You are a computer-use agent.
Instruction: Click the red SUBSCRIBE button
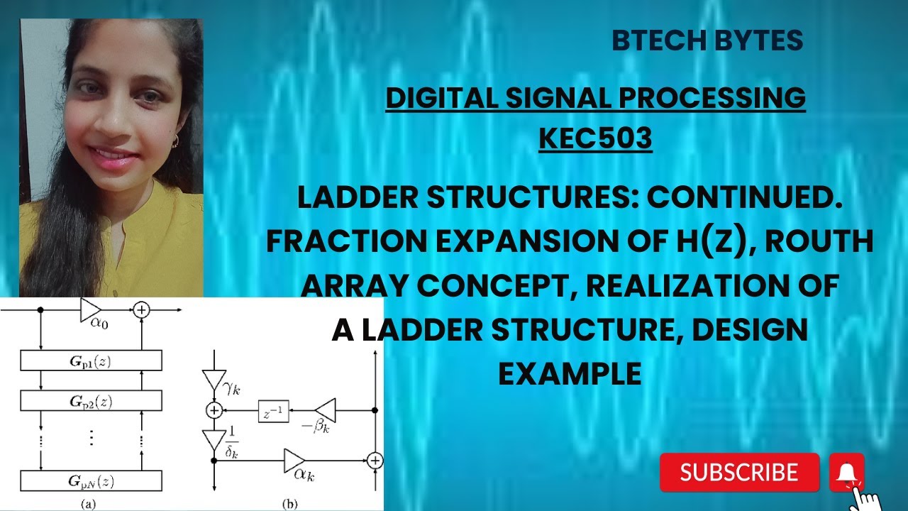point(739,472)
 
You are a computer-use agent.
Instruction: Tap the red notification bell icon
point(846,472)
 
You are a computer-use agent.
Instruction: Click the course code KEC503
point(595,138)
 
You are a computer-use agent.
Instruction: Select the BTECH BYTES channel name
point(707,41)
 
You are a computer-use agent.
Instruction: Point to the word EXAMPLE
point(570,373)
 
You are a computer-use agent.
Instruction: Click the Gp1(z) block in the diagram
point(91,361)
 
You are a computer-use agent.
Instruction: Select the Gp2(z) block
point(91,400)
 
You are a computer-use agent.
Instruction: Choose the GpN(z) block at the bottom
point(91,481)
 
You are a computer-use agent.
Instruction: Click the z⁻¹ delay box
point(273,410)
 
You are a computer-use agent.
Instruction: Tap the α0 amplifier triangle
point(91,310)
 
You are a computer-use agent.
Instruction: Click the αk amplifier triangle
point(294,460)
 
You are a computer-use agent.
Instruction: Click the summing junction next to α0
point(142,310)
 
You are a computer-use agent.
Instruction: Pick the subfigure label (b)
point(290,505)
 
